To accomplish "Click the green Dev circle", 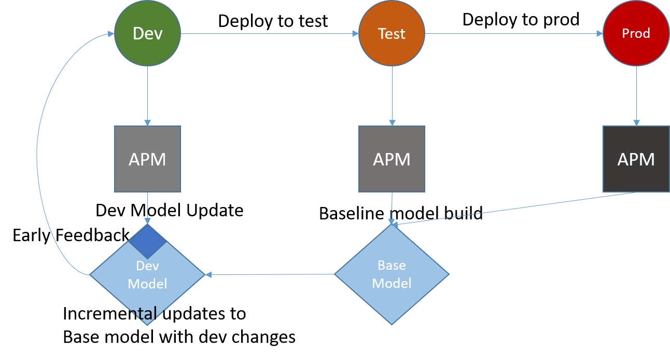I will tap(147, 33).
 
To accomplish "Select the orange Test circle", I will tap(392, 33).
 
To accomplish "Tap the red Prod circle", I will tap(636, 33).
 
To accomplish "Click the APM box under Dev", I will tap(147, 159).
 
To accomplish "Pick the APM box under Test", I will tap(392, 159).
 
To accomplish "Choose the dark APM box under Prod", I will tap(636, 159).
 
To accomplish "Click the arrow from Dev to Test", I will tap(270, 34).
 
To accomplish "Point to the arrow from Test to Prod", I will tap(513, 34).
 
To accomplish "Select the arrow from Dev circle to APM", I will tap(147, 96).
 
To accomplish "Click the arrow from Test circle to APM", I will tap(392, 96).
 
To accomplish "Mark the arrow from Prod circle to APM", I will tap(636, 96).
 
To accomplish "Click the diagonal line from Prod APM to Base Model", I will tap(513, 209).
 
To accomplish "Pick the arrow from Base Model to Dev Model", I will tap(270, 274).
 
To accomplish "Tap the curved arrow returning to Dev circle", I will tap(37, 156).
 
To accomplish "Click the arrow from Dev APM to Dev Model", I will tap(147, 207).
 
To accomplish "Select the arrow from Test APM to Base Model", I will tap(392, 207).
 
